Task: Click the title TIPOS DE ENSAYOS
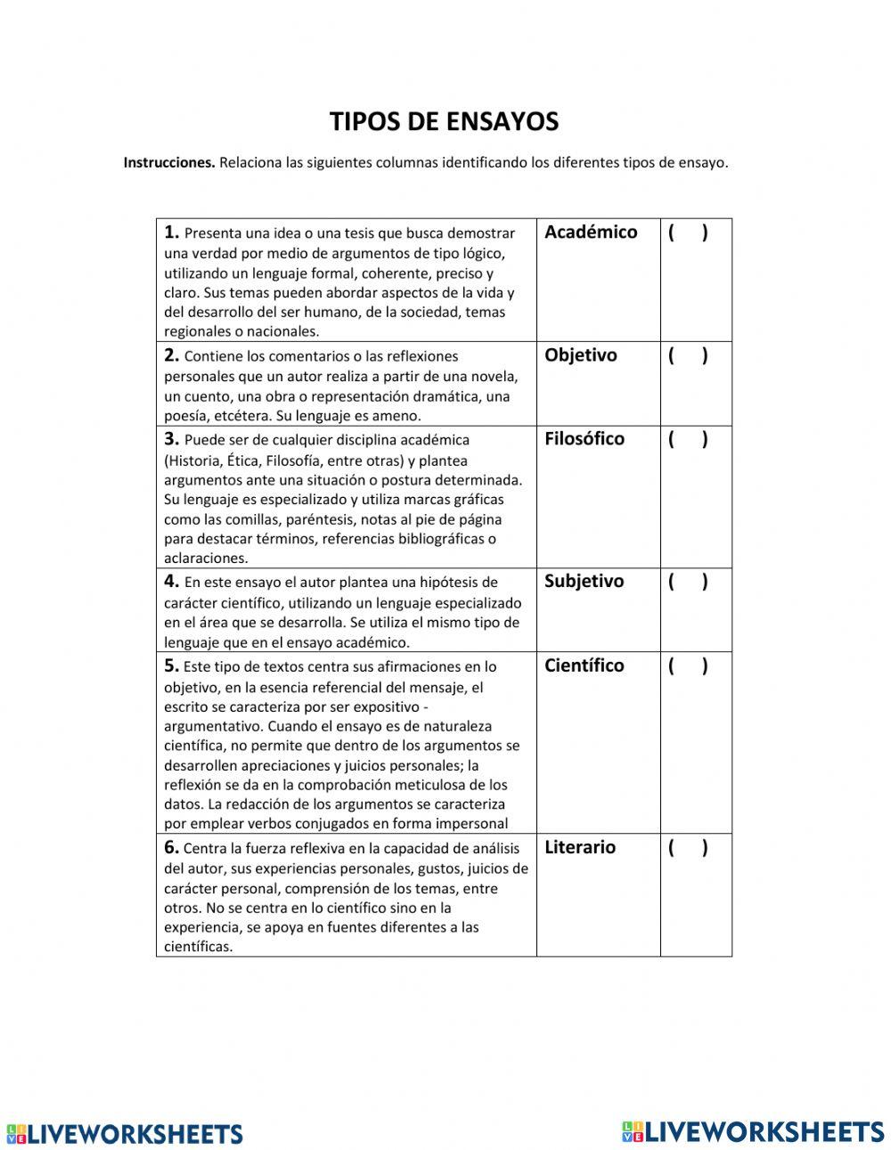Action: coord(444,122)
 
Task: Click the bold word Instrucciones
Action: coord(169,163)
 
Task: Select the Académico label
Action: coord(591,232)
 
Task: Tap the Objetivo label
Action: coord(580,355)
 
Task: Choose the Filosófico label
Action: coord(584,439)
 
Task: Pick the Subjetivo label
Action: coord(584,582)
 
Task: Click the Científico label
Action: coord(584,666)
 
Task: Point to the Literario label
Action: coord(579,848)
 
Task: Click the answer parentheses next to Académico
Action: coord(688,233)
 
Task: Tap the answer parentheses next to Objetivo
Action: coord(688,356)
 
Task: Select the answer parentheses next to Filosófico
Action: coord(688,440)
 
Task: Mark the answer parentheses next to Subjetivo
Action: coord(688,583)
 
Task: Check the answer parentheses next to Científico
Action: coord(688,667)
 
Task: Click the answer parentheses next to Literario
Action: coord(688,849)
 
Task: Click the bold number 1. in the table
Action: coord(172,232)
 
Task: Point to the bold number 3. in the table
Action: coord(172,439)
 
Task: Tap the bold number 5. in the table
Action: coord(172,666)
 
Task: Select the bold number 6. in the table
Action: coord(172,848)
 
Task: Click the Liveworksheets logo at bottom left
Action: coord(125,1133)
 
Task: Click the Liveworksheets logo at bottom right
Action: coord(753,1130)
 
